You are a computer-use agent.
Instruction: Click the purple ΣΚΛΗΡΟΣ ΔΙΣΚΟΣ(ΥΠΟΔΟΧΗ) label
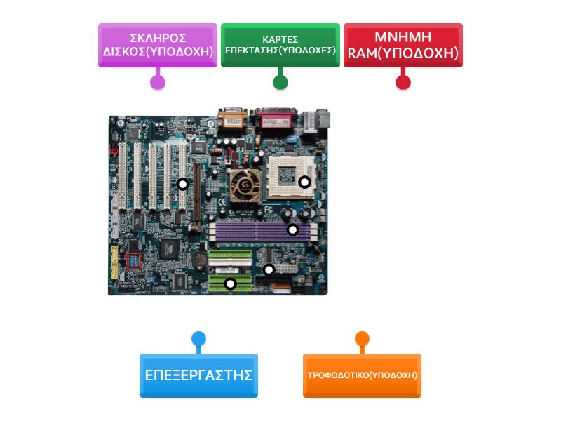pyautogui.click(x=158, y=44)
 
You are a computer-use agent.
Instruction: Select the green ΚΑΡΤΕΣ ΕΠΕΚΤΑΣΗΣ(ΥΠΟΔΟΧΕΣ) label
pyautogui.click(x=280, y=44)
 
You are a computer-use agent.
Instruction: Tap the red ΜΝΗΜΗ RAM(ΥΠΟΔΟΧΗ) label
pyautogui.click(x=403, y=44)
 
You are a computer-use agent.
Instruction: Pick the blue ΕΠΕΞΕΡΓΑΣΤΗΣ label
pyautogui.click(x=198, y=375)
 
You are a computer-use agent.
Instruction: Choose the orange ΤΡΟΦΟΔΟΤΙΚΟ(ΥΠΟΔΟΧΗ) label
pyautogui.click(x=362, y=375)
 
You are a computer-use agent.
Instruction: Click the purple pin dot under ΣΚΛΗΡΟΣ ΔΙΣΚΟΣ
pyautogui.click(x=158, y=81)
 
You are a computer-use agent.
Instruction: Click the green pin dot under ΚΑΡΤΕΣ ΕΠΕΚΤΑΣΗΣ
pyautogui.click(x=280, y=81)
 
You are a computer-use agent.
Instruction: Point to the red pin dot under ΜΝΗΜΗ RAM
pyautogui.click(x=403, y=81)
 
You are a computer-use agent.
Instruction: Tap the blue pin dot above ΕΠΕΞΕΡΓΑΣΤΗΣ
pyautogui.click(x=198, y=340)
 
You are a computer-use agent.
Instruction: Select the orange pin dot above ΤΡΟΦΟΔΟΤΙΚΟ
pyautogui.click(x=362, y=340)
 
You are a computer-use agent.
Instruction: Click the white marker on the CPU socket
pyautogui.click(x=304, y=182)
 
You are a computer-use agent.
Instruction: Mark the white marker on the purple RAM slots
pyautogui.click(x=292, y=229)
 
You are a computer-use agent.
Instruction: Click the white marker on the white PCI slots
pyautogui.click(x=182, y=184)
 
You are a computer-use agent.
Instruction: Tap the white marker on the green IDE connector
pyautogui.click(x=230, y=283)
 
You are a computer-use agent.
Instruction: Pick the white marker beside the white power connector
pyautogui.click(x=269, y=269)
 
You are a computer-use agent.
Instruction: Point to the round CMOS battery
pyautogui.click(x=198, y=260)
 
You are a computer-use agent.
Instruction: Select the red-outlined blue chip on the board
pyautogui.click(x=133, y=261)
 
